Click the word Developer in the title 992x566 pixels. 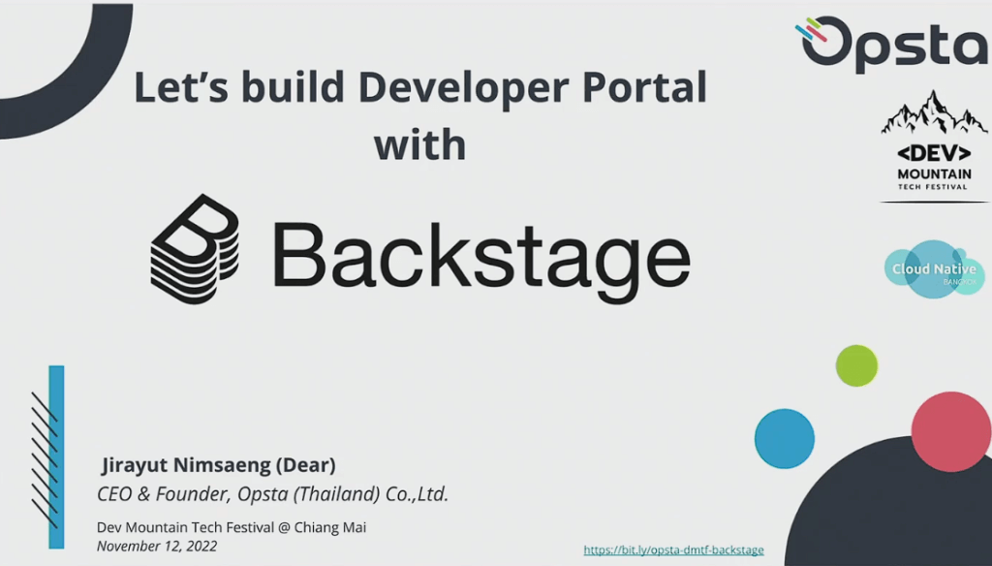click(464, 88)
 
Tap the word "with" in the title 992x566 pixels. click(420, 143)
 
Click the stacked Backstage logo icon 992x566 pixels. click(195, 249)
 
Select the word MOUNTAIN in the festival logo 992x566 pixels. click(934, 173)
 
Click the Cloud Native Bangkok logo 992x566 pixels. click(935, 269)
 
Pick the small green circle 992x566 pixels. click(856, 365)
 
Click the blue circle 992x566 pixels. click(785, 438)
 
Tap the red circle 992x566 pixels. click(951, 431)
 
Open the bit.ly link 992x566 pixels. click(673, 550)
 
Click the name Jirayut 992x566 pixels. click(135, 465)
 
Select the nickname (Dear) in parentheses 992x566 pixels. click(305, 464)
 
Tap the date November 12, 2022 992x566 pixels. click(157, 546)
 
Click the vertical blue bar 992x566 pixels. click(56, 456)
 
